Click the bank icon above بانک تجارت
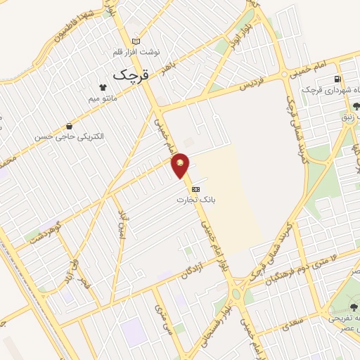pyautogui.click(x=195, y=189)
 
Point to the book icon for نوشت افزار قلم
pyautogui.click(x=136, y=41)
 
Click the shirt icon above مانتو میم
pyautogui.click(x=103, y=88)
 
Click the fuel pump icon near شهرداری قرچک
pyautogui.click(x=338, y=79)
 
